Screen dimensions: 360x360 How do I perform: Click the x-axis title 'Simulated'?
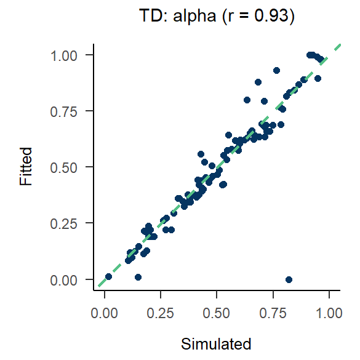[217, 343]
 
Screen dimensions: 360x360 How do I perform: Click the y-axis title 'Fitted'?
[25, 167]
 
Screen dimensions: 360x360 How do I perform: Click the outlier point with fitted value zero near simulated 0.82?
[289, 279]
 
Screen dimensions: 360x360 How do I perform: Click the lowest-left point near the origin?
[108, 277]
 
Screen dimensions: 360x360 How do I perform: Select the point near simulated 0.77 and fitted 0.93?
[277, 71]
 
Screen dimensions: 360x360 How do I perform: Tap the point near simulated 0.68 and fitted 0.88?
[258, 82]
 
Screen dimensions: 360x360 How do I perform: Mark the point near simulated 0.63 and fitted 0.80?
[247, 100]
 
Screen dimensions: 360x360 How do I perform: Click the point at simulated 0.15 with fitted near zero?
[138, 278]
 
